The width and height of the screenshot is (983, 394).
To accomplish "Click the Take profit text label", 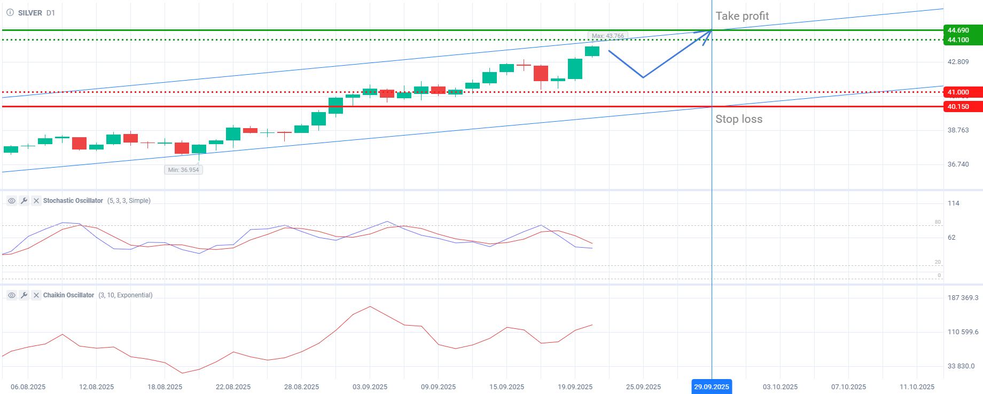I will [x=742, y=16].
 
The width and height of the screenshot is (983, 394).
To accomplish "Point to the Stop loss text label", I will [x=739, y=119].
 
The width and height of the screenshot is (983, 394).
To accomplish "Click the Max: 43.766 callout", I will [x=607, y=36].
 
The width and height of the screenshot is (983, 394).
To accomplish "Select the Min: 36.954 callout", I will [x=183, y=170].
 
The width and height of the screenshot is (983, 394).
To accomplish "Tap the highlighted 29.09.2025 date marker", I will [x=711, y=387].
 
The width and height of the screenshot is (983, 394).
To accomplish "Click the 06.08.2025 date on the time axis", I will [x=28, y=387].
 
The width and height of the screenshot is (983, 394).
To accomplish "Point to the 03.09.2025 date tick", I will [x=370, y=387].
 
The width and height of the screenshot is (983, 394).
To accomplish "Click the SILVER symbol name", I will [x=30, y=13].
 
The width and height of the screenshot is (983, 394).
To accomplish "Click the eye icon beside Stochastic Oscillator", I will [x=11, y=201].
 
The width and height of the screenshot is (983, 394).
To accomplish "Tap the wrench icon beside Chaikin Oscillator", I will [x=24, y=295].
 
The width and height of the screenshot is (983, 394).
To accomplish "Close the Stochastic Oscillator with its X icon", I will [x=36, y=201].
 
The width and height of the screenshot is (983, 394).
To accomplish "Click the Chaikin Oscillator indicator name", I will [x=68, y=295].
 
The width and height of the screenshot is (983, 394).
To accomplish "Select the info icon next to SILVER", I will [x=10, y=13].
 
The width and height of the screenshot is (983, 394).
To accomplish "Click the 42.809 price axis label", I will [x=958, y=62].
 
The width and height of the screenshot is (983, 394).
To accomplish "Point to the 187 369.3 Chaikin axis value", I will [x=963, y=298].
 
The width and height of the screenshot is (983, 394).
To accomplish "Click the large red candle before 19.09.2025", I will [x=541, y=73].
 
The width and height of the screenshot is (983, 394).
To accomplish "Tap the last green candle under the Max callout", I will [x=592, y=51].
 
